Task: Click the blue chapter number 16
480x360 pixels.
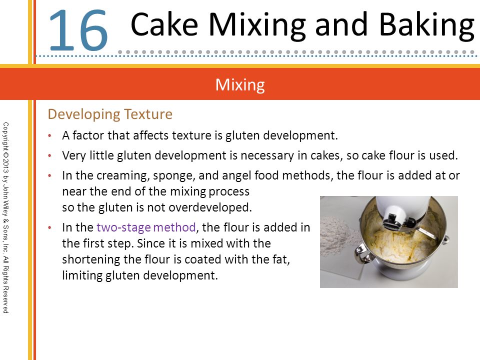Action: (78, 30)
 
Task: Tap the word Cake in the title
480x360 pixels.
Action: (164, 24)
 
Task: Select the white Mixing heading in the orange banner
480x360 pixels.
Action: (240, 85)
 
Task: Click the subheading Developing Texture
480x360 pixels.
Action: (110, 114)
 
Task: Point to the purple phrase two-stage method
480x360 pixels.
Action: (146, 227)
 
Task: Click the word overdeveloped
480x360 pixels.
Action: (210, 207)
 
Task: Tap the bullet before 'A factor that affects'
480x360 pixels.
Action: (50, 135)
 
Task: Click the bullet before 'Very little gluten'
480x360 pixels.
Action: (50, 156)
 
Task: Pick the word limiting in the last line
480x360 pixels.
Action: (82, 275)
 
